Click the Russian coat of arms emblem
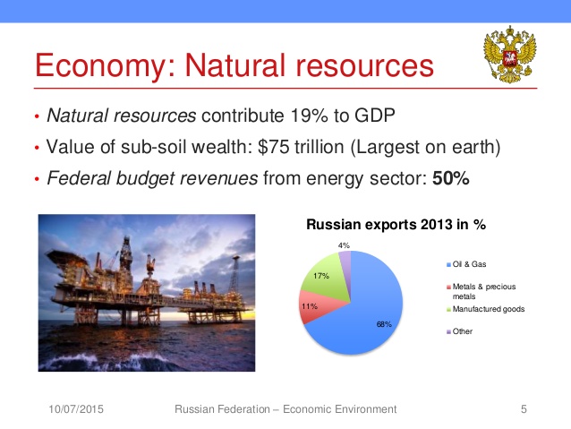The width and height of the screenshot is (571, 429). [x=509, y=55]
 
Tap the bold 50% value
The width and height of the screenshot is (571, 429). [x=451, y=178]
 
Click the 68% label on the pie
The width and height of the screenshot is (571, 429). [x=384, y=324]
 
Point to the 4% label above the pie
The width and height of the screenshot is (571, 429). [x=344, y=245]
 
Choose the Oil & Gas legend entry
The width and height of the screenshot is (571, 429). [x=466, y=264]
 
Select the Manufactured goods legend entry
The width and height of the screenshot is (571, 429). [x=485, y=309]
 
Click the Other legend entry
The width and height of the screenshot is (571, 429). [x=459, y=331]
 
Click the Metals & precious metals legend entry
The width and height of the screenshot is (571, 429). [x=481, y=291]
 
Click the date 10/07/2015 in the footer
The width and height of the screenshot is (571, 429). [x=76, y=409]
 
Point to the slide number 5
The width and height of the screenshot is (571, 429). [x=524, y=409]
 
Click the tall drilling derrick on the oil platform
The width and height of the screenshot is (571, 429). [x=126, y=255]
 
